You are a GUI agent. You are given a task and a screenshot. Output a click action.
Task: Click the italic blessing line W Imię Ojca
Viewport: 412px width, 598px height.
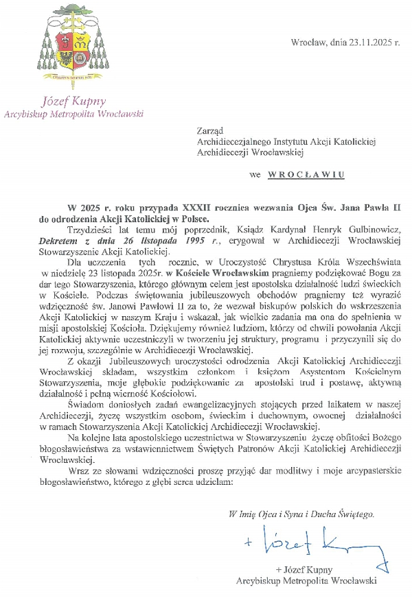click(x=303, y=514)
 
